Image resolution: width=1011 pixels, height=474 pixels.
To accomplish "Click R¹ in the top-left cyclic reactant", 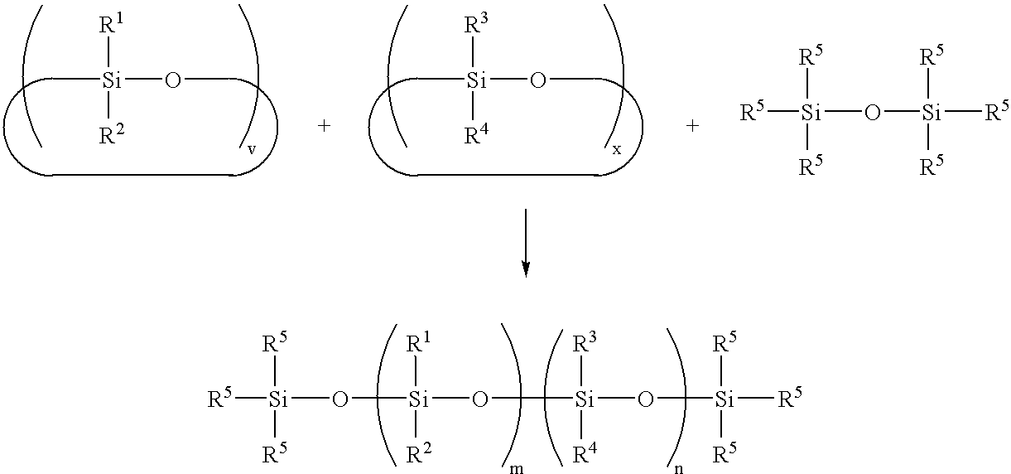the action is (x=111, y=24).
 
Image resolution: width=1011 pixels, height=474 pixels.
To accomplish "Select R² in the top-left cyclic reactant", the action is (x=112, y=133).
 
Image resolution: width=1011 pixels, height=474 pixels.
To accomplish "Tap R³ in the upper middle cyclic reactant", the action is (x=476, y=24).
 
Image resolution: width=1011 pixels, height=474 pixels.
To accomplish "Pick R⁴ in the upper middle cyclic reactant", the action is (x=477, y=133).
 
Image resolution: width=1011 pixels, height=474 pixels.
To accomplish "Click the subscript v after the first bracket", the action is (x=252, y=149).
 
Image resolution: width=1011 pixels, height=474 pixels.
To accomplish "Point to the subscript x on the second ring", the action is (x=617, y=149).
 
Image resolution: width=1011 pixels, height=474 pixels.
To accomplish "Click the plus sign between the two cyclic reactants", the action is (x=324, y=126).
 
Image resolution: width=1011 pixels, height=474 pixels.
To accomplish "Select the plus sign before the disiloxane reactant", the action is (x=692, y=126).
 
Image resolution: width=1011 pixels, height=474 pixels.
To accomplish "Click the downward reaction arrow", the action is (x=525, y=243).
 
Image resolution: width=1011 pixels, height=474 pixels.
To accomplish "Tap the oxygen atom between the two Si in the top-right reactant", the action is (x=872, y=113).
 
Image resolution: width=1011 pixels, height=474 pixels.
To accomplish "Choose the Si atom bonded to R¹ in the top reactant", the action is (x=112, y=80).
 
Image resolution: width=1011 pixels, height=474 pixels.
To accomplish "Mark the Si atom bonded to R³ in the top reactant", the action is (x=477, y=80).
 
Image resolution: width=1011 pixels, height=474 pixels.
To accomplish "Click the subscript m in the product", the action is (x=517, y=468).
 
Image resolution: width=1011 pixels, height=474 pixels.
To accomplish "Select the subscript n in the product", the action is (x=678, y=468).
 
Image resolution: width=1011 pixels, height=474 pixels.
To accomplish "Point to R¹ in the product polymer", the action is (x=418, y=343).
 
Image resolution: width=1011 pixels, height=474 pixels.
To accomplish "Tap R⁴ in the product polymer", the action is (x=585, y=454).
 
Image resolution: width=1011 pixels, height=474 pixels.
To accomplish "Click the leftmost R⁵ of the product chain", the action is (x=219, y=399).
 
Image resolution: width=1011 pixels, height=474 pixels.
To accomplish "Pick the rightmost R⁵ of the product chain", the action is (x=790, y=399).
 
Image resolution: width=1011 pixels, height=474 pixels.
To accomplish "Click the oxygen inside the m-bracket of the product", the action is (x=479, y=399).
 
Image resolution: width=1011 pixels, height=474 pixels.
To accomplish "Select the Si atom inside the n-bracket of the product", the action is (x=585, y=399).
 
